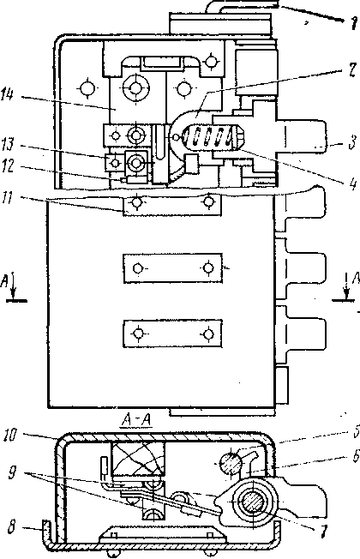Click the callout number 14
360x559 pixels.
point(8,95)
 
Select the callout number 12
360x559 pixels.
point(8,167)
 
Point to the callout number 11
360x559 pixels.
point(8,197)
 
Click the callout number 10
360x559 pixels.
point(10,436)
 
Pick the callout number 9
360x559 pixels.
point(12,474)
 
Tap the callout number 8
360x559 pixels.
point(11,527)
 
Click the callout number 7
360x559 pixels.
point(323,532)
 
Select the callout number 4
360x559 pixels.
point(352,184)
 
